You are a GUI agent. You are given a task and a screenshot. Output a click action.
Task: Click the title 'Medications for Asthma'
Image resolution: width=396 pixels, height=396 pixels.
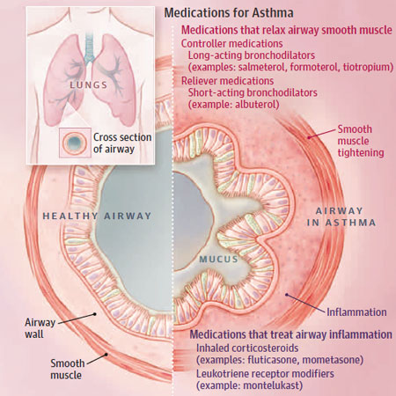[229, 13]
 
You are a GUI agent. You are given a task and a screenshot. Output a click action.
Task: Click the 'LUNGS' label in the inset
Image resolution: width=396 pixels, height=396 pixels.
[89, 85]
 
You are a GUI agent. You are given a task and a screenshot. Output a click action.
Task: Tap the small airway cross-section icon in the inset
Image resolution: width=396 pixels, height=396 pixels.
[75, 143]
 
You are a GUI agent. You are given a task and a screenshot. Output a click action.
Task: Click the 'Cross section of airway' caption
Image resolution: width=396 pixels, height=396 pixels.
[122, 143]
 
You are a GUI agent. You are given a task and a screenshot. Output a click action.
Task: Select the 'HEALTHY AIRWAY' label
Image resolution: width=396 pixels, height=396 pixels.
[97, 216]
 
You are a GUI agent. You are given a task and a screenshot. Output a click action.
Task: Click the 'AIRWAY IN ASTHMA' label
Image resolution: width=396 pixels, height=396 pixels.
[341, 216]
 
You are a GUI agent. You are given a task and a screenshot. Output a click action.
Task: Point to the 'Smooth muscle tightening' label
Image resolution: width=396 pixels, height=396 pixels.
[361, 141]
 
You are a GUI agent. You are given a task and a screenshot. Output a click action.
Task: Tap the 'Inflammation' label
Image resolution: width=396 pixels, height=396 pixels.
[356, 312]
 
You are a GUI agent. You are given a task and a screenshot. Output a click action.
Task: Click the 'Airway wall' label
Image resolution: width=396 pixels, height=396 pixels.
[40, 328]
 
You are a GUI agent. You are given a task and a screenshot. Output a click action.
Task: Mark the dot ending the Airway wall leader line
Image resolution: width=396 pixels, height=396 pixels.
[95, 314]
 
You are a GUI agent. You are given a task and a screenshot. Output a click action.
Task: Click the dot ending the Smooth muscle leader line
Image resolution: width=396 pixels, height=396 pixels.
[106, 355]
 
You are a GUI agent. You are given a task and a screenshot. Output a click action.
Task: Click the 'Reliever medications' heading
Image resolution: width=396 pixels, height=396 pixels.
[227, 81]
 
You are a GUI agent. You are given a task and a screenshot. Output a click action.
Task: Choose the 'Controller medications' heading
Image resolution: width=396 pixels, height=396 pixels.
[231, 44]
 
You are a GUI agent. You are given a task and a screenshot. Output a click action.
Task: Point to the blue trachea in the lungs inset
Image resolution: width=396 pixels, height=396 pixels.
[90, 47]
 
